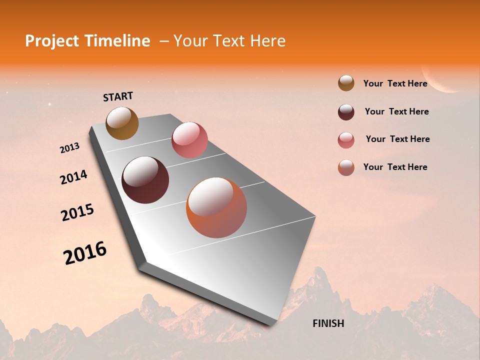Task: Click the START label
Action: (x=118, y=96)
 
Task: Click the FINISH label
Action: (x=328, y=323)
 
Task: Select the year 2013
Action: (x=69, y=148)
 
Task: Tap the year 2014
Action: (x=73, y=177)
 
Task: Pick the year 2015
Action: (x=77, y=212)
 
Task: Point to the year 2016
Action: (x=85, y=253)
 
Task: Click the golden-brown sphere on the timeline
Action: (x=122, y=123)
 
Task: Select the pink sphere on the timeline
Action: (x=189, y=140)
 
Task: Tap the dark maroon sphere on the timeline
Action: (x=145, y=180)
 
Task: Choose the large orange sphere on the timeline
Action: (x=216, y=207)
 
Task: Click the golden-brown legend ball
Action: (x=346, y=83)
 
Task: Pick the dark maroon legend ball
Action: (x=346, y=112)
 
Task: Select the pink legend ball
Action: (x=346, y=140)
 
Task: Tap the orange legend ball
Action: (x=346, y=167)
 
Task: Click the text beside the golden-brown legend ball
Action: (x=395, y=83)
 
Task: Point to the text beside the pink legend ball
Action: (x=397, y=139)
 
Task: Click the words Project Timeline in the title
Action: (x=87, y=41)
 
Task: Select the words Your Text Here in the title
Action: (x=229, y=41)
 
